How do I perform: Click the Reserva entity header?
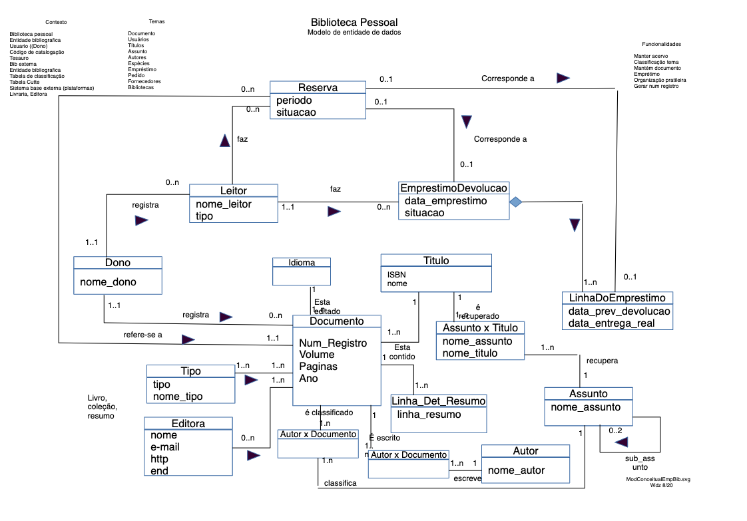click(318, 88)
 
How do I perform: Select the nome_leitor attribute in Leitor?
click(224, 204)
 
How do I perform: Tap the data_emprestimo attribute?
click(445, 201)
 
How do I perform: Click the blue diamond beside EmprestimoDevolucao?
click(515, 202)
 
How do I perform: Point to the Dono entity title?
click(118, 263)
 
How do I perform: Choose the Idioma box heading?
click(302, 262)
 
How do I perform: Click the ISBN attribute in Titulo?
click(397, 274)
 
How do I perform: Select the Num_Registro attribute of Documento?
click(333, 343)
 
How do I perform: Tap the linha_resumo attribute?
click(429, 415)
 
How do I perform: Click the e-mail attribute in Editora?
click(165, 447)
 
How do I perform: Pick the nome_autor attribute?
click(516, 470)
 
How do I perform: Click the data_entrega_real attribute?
click(611, 323)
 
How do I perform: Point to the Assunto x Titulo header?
click(480, 327)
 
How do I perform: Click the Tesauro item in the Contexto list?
click(19, 58)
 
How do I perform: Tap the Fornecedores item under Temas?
click(144, 81)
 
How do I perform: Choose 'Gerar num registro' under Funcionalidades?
click(656, 86)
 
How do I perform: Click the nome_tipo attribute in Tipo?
click(178, 397)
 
